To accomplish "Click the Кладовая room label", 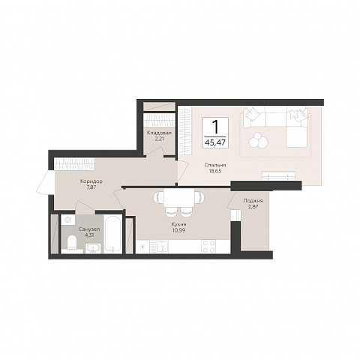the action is pyautogui.click(x=159, y=133).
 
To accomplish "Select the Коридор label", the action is pyautogui.click(x=91, y=181).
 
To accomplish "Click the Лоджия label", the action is pyautogui.click(x=253, y=201).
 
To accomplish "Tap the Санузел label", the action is pyautogui.click(x=89, y=229).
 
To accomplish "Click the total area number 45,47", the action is pyautogui.click(x=215, y=142).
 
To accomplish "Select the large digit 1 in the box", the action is pyautogui.click(x=215, y=127).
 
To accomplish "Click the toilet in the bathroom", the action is pyautogui.click(x=72, y=242).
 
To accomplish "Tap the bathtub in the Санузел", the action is pyautogui.click(x=113, y=234).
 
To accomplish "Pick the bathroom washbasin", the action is pyautogui.click(x=93, y=248).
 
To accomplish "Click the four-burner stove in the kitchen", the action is pyautogui.click(x=208, y=247).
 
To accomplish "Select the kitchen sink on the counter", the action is pyautogui.click(x=163, y=247).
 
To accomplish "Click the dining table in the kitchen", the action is pyautogui.click(x=178, y=199).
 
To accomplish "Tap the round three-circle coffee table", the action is pyautogui.click(x=258, y=140).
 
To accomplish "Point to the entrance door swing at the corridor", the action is pyautogui.click(x=44, y=181).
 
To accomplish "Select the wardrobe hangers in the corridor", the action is pyautogui.click(x=74, y=164).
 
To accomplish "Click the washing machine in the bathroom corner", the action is pyautogui.click(x=68, y=220).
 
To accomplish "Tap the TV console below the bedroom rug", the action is pyautogui.click(x=278, y=175).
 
